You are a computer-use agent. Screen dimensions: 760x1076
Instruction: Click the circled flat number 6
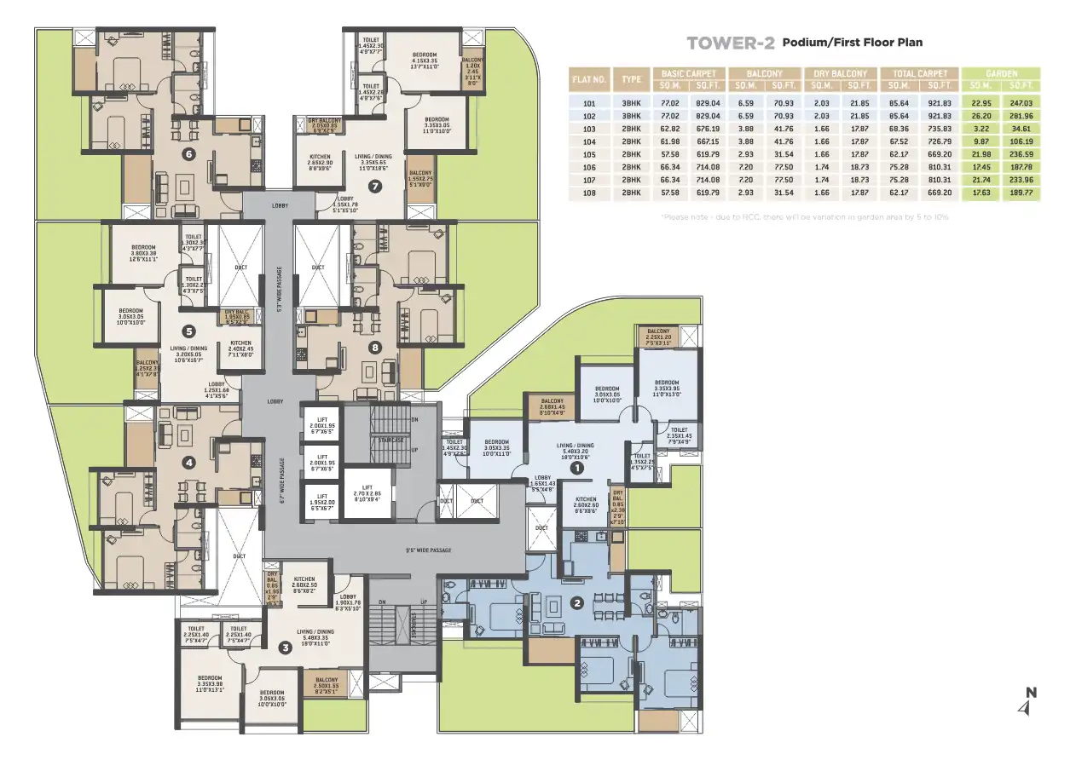[189, 154]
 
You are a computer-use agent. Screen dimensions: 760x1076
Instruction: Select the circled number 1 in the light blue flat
[576, 467]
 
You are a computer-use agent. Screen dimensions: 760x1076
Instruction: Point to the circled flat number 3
[285, 647]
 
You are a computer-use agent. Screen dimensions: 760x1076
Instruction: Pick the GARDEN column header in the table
[1001, 74]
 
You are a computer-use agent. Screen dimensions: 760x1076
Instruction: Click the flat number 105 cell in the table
[588, 154]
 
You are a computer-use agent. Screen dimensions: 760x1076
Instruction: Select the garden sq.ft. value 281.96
[1021, 116]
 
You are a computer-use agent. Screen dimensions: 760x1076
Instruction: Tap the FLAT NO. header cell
[589, 79]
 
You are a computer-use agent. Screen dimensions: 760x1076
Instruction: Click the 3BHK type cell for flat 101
[631, 103]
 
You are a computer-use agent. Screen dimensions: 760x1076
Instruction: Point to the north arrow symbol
[1031, 701]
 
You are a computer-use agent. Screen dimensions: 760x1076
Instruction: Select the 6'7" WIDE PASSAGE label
[281, 482]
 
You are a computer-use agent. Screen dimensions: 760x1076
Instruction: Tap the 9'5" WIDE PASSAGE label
[429, 550]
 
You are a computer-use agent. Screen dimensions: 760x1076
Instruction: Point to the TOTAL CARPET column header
[920, 74]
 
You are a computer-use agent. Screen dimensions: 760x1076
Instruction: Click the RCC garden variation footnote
[805, 217]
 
